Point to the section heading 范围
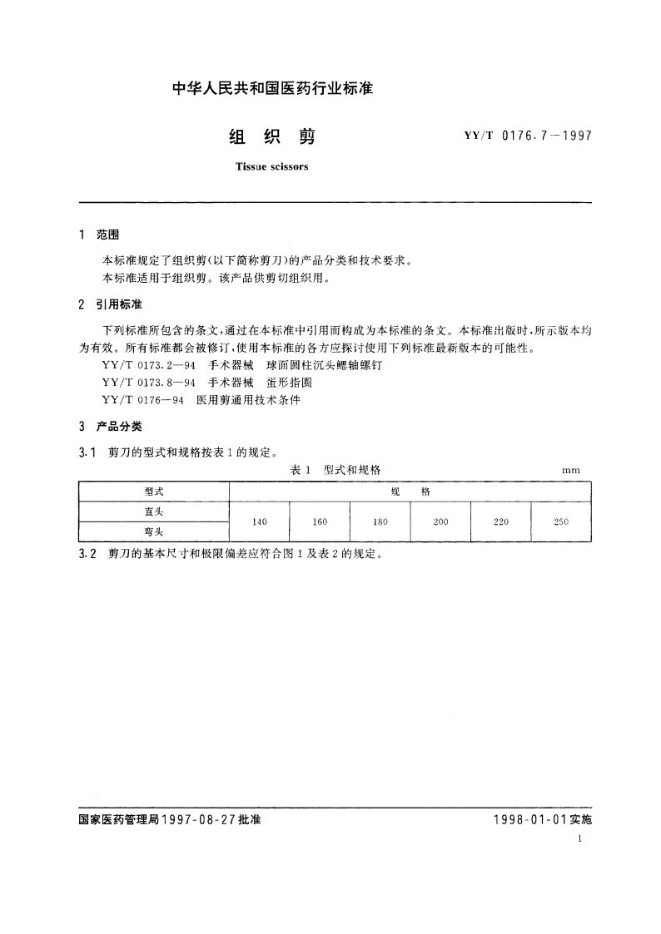coord(109,235)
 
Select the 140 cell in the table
coord(259,521)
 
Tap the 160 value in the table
coord(320,521)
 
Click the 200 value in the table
coord(441,521)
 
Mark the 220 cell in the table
coord(501,521)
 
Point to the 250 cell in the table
coord(561,521)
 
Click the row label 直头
coord(154,511)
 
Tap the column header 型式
coord(154,491)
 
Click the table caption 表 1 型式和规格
coord(335,470)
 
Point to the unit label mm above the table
coord(570,471)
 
